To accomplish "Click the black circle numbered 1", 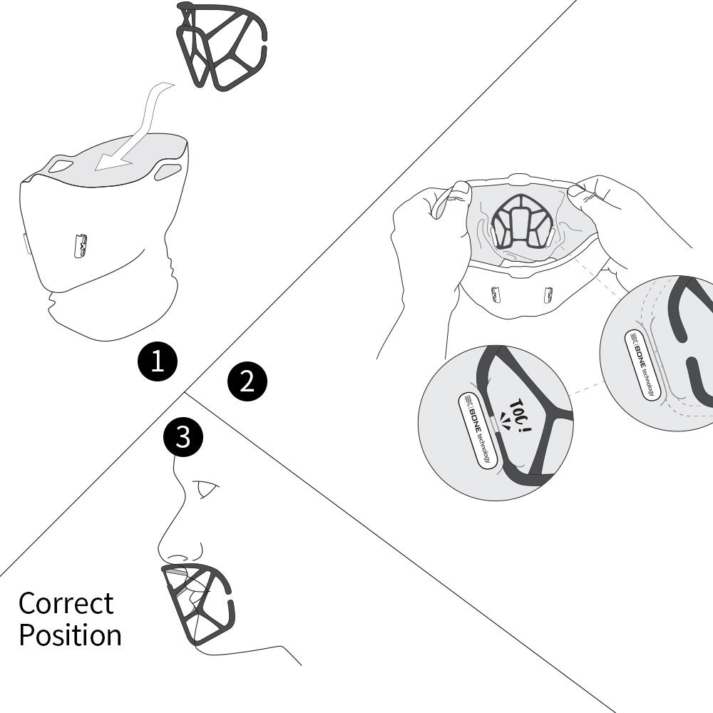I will (158, 361).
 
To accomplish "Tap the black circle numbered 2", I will (247, 381).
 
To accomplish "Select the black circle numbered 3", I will (183, 436).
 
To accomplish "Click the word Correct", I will (66, 603).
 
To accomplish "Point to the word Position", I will (70, 635).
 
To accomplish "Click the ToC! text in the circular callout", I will (518, 414).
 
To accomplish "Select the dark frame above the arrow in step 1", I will (222, 46).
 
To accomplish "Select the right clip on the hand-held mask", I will (548, 293).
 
